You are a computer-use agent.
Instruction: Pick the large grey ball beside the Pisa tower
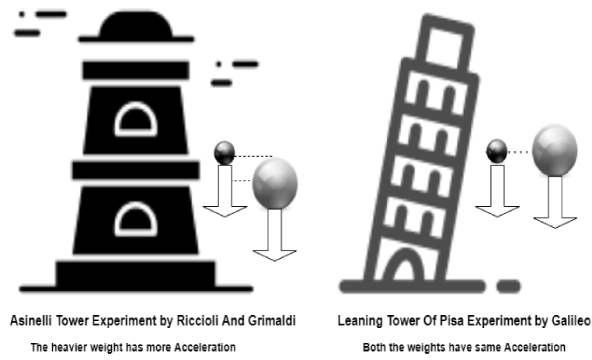[555, 150]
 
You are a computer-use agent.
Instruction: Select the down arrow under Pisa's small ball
[496, 190]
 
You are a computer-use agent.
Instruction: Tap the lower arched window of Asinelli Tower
[136, 219]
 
